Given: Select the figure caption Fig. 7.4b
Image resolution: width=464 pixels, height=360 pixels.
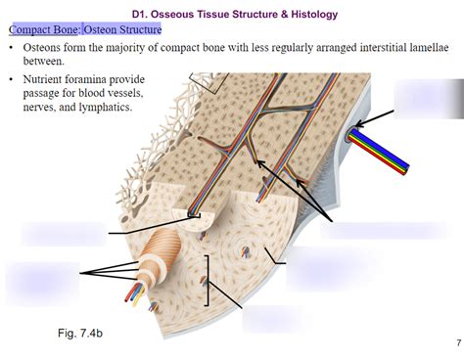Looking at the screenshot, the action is click(79, 334).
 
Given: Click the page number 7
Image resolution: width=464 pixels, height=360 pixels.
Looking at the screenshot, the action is click(456, 342).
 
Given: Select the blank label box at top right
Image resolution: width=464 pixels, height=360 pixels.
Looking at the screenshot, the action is click(428, 98).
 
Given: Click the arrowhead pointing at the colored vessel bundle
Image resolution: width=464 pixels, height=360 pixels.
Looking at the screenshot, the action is click(358, 125).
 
